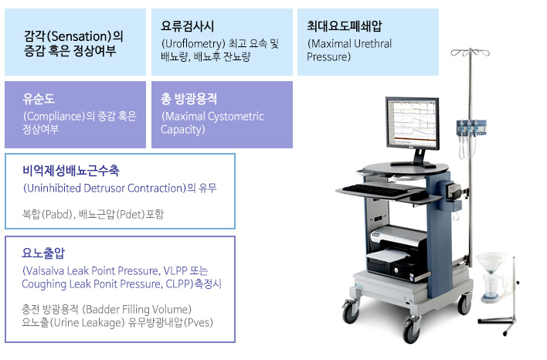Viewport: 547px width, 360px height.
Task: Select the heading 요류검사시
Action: [x=187, y=26]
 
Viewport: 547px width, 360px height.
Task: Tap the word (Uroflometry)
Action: [x=193, y=43]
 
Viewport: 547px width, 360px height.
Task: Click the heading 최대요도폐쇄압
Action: [x=345, y=25]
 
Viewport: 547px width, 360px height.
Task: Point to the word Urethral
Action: [x=372, y=43]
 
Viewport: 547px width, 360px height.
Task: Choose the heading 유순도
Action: [x=39, y=99]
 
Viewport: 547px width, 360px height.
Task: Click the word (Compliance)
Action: [x=54, y=116]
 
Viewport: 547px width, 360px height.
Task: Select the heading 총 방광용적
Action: [x=189, y=99]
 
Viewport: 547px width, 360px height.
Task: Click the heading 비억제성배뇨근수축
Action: [x=71, y=171]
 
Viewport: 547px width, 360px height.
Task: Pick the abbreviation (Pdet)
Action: [x=130, y=214]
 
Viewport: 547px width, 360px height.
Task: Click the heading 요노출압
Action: [x=43, y=253]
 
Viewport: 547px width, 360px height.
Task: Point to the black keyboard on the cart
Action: [x=374, y=191]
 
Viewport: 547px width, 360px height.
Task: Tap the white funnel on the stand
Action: [x=491, y=263]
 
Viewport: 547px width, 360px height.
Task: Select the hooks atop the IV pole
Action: [x=471, y=53]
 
